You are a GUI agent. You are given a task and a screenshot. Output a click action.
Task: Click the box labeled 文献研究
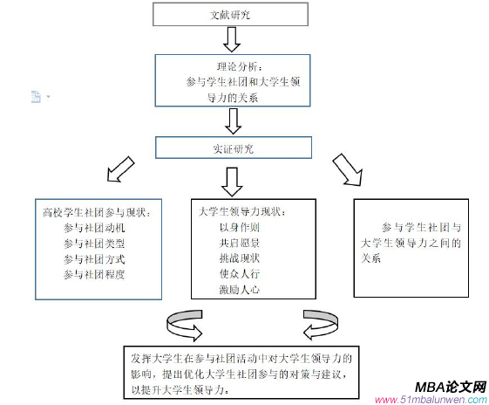[x=230, y=15]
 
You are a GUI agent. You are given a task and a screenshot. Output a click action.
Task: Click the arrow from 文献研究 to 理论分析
[x=232, y=39]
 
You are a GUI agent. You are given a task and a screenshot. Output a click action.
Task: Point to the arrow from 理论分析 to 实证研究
[x=232, y=119]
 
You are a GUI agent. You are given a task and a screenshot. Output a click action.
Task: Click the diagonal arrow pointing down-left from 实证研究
[x=117, y=173]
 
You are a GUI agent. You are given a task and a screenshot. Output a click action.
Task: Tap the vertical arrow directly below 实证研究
[x=232, y=180]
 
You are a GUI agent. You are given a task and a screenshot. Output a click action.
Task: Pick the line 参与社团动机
[x=94, y=227]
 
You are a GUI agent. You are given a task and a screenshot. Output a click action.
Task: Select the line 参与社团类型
[x=94, y=243]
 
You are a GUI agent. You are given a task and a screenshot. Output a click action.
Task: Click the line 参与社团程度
[x=94, y=274]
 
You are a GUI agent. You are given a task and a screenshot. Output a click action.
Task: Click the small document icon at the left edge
[x=36, y=96]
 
